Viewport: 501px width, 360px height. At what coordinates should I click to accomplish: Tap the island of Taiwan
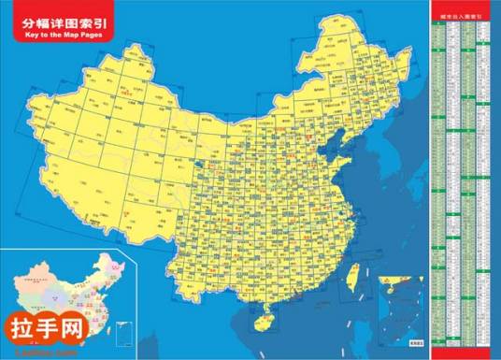[352, 276]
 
